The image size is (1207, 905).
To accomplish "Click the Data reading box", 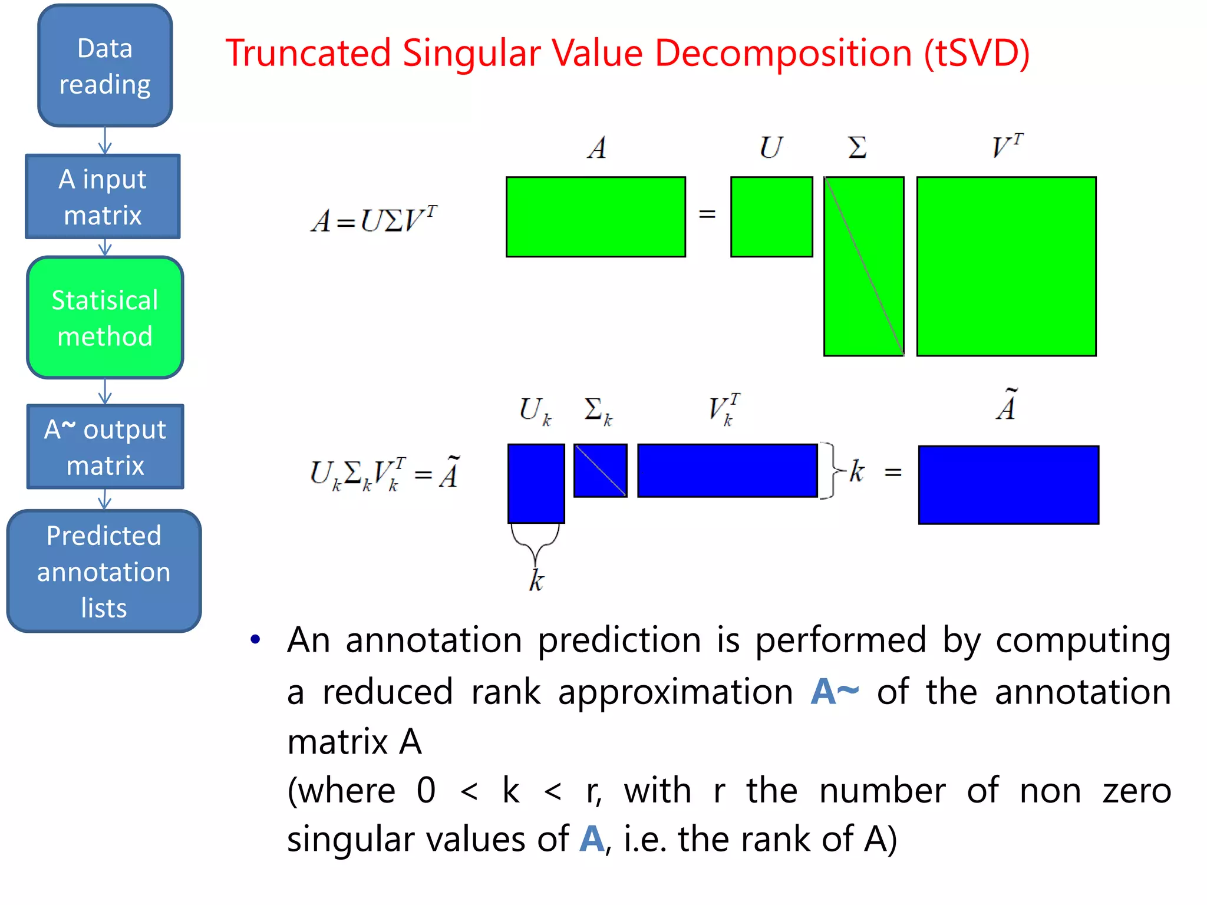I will click(105, 65).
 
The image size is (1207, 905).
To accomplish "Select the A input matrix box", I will click(103, 197).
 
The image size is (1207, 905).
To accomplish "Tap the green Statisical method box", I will click(105, 318).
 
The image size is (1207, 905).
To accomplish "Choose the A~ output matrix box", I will click(105, 447).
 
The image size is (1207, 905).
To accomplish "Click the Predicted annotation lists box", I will click(104, 571).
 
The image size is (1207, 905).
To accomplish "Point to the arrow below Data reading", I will click(105, 141).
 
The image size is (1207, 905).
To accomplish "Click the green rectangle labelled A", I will click(595, 217).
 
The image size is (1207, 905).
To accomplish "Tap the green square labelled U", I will click(771, 217).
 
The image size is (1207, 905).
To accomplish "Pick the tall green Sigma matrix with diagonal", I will click(863, 266).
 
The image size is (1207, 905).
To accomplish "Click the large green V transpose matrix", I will click(1006, 266).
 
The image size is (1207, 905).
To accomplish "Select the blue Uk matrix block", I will click(536, 483).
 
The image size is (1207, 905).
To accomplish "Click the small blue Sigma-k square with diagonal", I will click(600, 471).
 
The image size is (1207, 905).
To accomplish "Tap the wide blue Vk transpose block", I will click(727, 471).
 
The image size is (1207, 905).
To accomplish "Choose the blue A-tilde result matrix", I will click(1008, 485).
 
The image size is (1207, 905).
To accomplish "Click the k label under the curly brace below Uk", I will click(536, 580).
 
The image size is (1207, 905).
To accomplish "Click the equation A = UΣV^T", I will click(374, 220).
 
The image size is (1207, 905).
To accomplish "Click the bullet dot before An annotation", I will click(255, 640).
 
